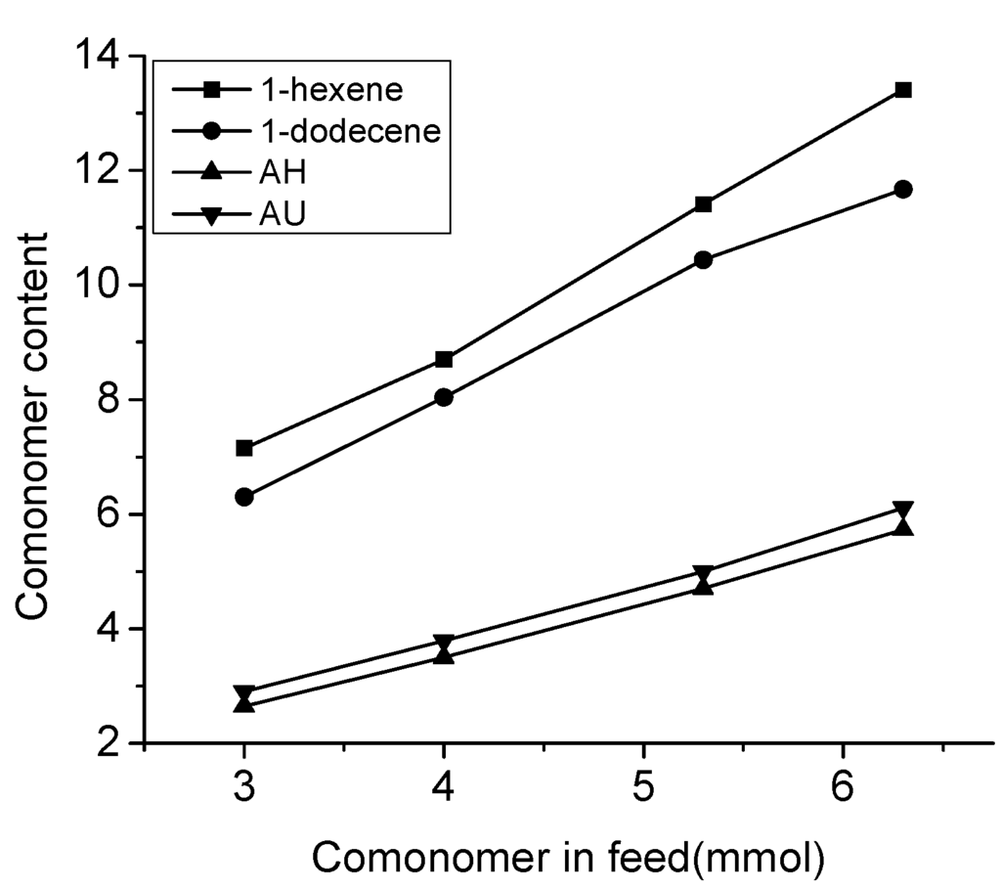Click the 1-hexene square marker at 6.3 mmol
click(x=903, y=90)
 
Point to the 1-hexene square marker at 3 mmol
click(x=244, y=448)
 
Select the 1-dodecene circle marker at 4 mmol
click(x=444, y=397)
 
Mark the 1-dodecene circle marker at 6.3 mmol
click(x=903, y=189)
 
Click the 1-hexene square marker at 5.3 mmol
click(x=703, y=204)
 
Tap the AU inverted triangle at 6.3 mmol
click(x=903, y=511)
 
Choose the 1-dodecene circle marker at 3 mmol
click(x=244, y=497)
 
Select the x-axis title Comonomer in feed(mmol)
click(x=569, y=857)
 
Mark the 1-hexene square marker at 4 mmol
click(x=444, y=359)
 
